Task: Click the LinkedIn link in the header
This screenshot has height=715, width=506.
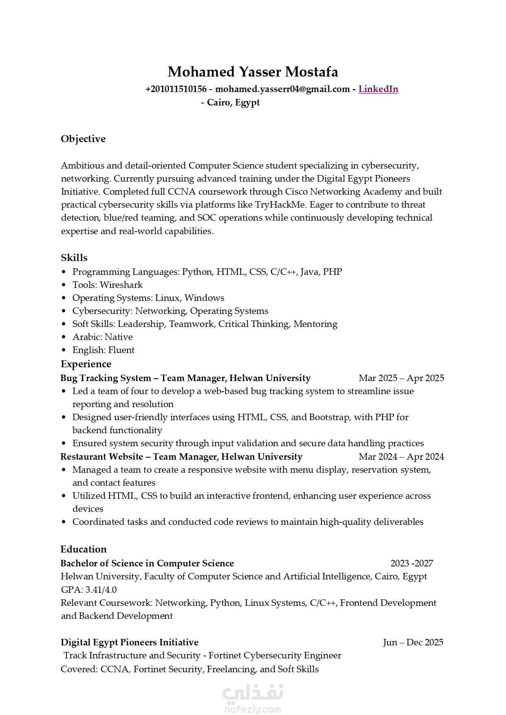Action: [378, 89]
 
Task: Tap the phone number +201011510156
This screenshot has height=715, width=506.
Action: [176, 89]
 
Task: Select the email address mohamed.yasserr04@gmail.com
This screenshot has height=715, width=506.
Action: [282, 89]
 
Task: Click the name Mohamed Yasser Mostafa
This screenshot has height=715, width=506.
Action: [253, 72]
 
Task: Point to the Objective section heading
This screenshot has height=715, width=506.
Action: [83, 139]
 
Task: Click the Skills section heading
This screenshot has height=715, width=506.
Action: [74, 258]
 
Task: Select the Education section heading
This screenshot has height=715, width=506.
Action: [84, 549]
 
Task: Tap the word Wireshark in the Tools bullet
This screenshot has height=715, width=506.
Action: [121, 285]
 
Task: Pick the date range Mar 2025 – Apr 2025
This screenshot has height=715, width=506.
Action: [401, 378]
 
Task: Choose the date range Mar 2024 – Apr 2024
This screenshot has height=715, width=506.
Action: [401, 457]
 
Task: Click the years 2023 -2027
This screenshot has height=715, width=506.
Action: [411, 564]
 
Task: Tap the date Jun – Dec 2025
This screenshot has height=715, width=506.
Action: [413, 643]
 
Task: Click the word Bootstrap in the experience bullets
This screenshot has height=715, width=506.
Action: [330, 417]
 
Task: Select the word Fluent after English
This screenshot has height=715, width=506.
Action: [121, 350]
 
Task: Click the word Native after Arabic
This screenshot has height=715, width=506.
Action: [119, 337]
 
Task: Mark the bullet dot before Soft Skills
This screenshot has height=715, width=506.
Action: [64, 325]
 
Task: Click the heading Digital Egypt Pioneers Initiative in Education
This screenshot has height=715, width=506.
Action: [130, 643]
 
